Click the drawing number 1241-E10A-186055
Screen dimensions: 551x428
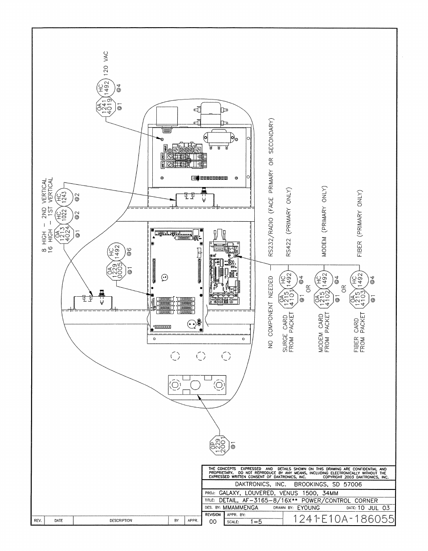tap(339, 519)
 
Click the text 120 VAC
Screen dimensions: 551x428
tap(106, 64)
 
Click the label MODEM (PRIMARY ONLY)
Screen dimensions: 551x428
tap(324, 222)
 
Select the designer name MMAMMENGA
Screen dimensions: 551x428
tap(240, 508)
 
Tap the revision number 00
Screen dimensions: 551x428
tap(212, 522)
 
